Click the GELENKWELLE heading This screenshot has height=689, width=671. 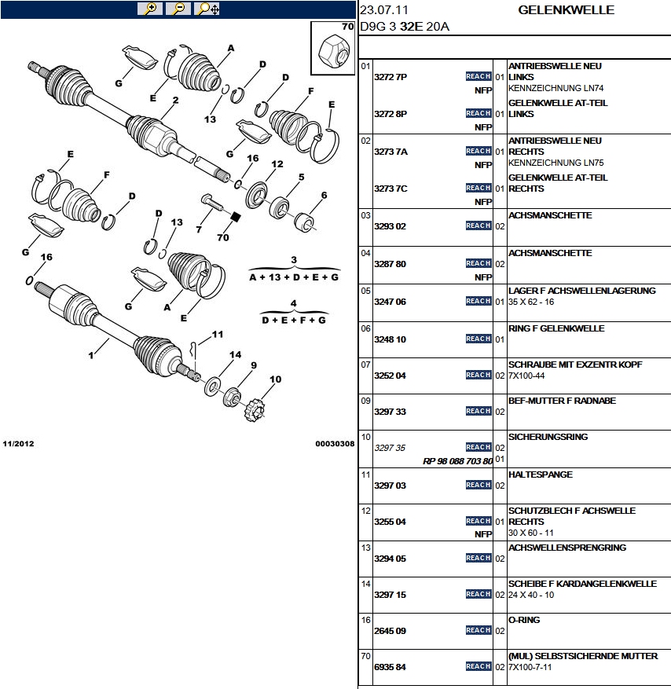click(566, 10)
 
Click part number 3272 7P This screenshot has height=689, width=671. click(390, 77)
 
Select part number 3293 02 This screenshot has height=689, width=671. click(390, 226)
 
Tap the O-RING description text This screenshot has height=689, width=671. click(524, 620)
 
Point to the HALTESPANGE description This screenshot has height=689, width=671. click(541, 475)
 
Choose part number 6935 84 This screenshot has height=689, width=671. click(390, 667)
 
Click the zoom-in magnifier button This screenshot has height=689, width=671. click(149, 9)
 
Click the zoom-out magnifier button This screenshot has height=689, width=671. click(178, 9)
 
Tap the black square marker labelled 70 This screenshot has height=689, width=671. click(233, 216)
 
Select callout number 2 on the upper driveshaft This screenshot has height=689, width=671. click(176, 100)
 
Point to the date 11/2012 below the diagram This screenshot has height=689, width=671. click(19, 444)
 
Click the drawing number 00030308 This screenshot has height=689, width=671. click(335, 444)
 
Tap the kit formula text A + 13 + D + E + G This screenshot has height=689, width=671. click(293, 277)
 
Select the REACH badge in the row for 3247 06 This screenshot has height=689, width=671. click(478, 301)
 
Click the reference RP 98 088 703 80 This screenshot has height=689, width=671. click(457, 460)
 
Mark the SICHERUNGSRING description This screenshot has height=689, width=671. click(548, 437)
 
